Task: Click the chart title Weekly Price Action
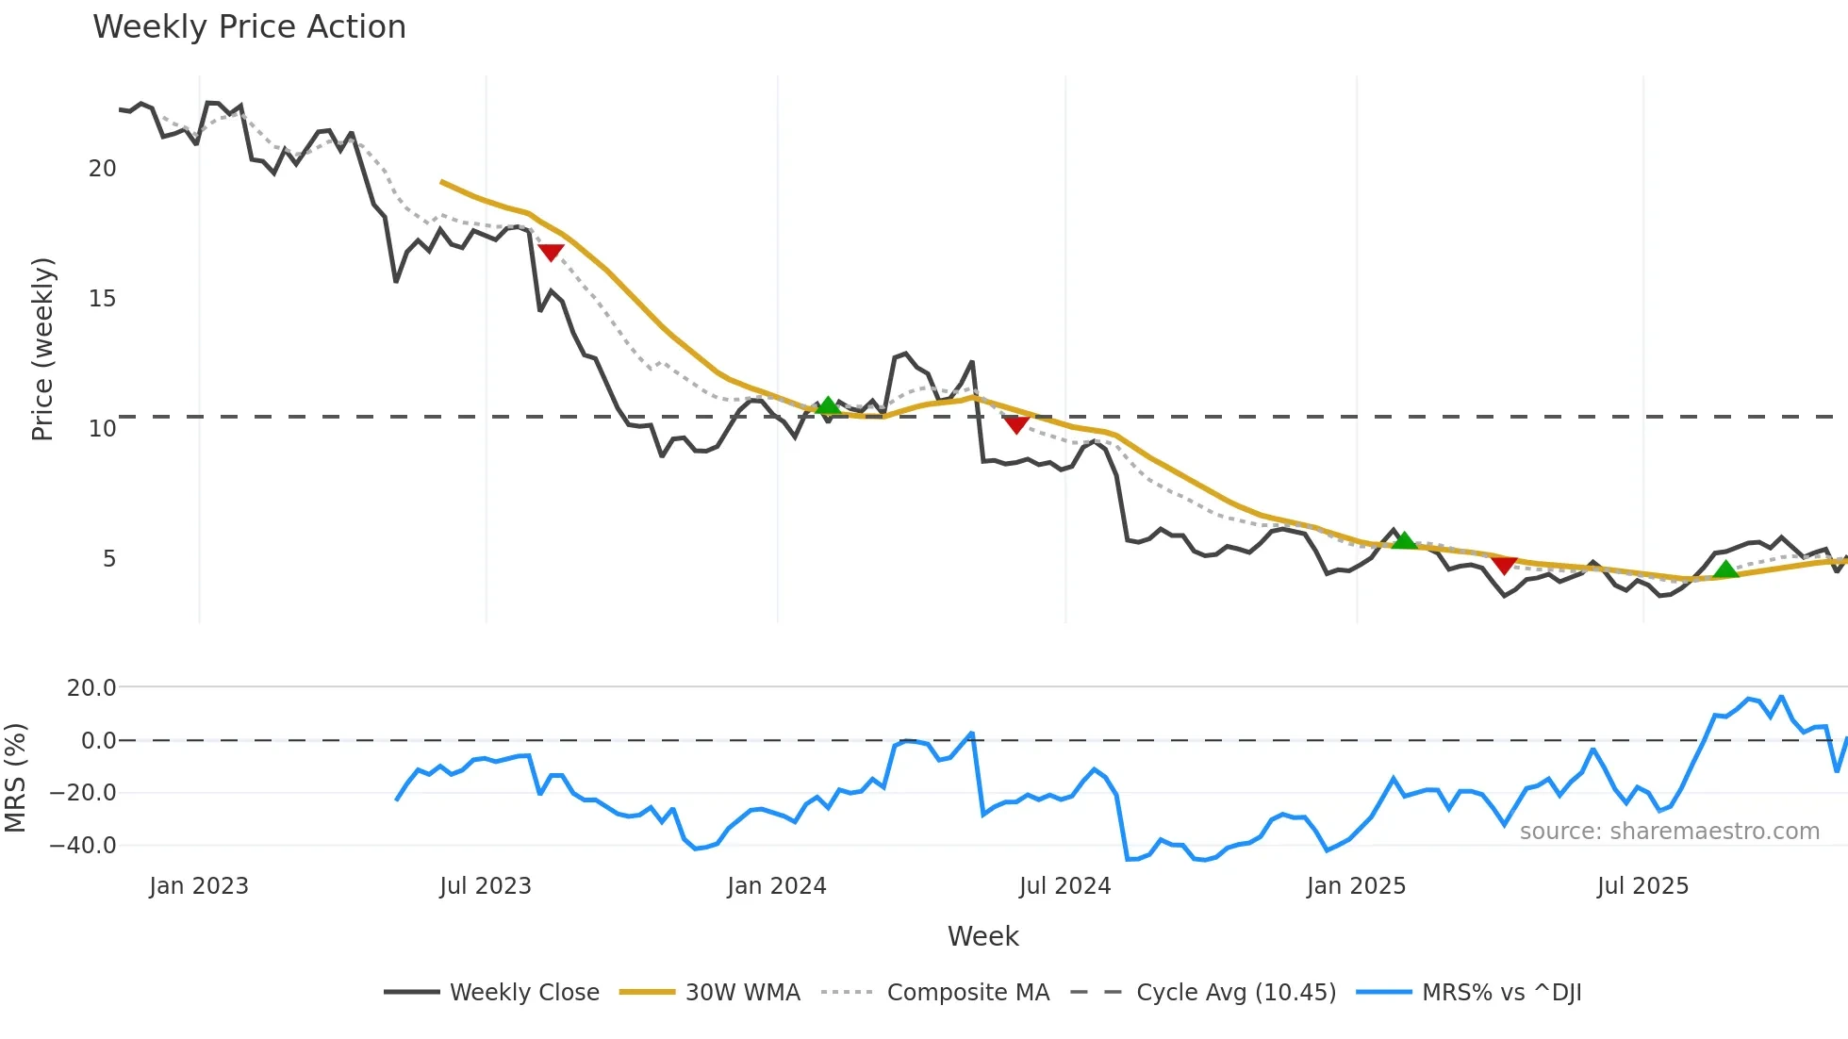tap(249, 26)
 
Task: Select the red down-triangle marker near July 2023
tap(551, 252)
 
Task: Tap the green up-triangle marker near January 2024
tap(828, 406)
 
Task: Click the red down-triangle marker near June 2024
tap(1015, 424)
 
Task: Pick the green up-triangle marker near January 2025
tap(1404, 540)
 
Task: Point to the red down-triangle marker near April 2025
tap(1504, 565)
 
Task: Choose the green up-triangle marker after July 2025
tap(1725, 569)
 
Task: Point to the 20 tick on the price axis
tap(102, 169)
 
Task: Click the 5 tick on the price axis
tap(109, 559)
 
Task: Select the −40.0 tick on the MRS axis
tap(83, 846)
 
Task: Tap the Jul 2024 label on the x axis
tap(1064, 886)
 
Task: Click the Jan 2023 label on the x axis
tap(199, 886)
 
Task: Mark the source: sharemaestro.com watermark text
tap(1669, 832)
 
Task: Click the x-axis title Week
tap(982, 936)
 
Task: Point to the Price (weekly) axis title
tap(42, 349)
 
